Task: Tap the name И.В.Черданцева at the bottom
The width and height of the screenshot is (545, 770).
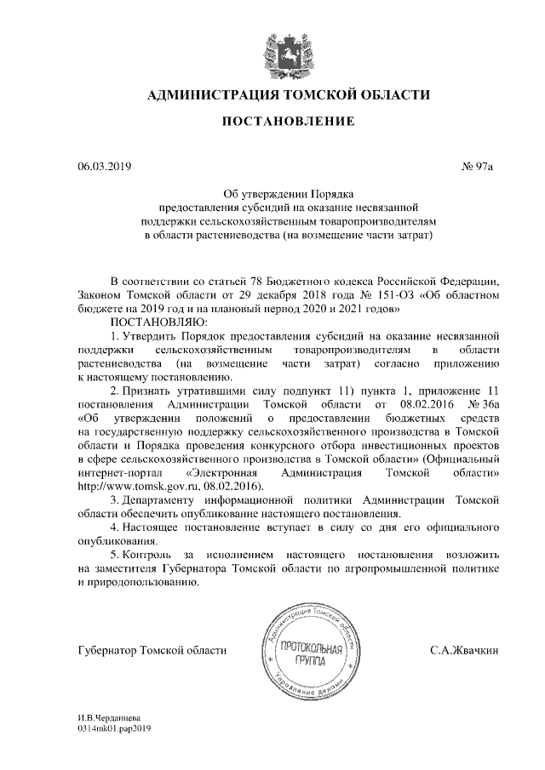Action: click(108, 719)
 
